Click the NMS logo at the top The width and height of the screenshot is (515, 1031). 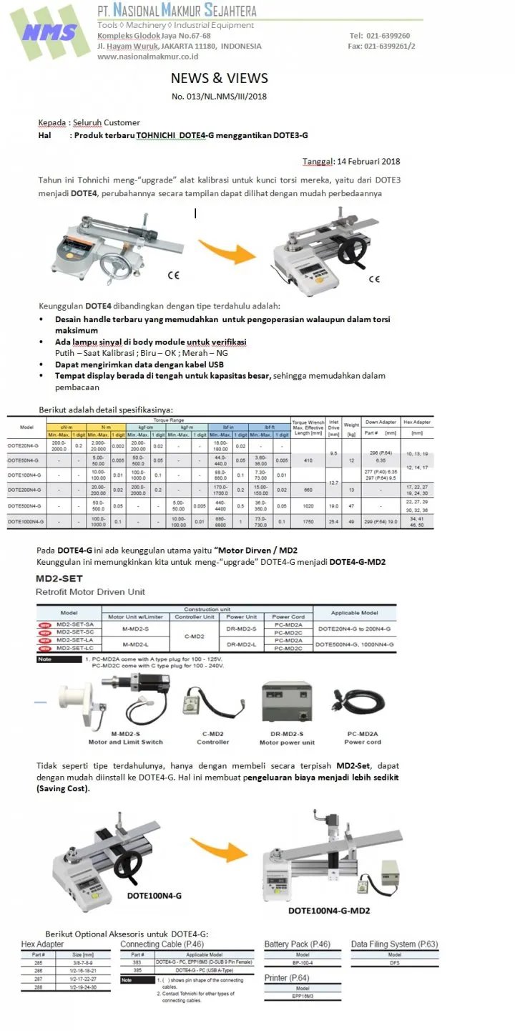49,32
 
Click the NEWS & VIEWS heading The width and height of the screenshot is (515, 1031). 219,78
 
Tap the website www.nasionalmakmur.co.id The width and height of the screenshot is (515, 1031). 147,57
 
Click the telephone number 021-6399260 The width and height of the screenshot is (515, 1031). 390,35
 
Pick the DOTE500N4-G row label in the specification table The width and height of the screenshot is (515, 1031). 26,505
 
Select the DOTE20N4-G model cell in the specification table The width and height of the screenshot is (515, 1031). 26,445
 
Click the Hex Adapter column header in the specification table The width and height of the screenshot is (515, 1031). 417,422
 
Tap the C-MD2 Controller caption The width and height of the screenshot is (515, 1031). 212,737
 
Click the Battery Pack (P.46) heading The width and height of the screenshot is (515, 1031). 298,944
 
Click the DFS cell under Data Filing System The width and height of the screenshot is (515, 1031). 394,963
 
